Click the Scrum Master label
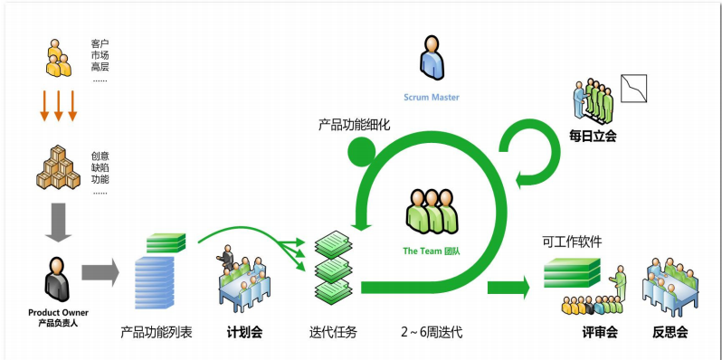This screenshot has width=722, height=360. [x=432, y=97]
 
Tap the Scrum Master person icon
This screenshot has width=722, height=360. [x=432, y=57]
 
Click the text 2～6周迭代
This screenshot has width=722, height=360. [x=432, y=332]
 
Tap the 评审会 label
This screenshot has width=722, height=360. [x=599, y=332]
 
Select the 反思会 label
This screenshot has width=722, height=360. [x=670, y=332]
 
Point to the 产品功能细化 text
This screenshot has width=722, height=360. [x=354, y=124]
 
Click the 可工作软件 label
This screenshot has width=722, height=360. [x=572, y=242]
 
